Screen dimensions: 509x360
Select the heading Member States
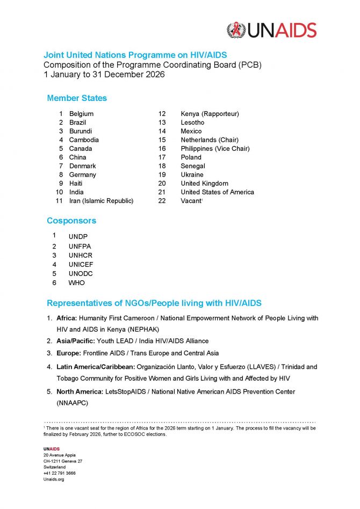pos(77,98)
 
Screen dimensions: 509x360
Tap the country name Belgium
pos(81,114)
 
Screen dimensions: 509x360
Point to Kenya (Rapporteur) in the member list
pos(210,114)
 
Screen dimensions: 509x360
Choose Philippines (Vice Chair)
pos(215,149)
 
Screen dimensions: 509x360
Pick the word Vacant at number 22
pos(191,201)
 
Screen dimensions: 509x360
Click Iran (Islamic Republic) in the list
pos(101,201)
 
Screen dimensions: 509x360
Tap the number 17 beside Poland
pos(162,157)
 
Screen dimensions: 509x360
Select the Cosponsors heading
pos(71,221)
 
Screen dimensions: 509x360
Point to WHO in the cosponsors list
pos(76,283)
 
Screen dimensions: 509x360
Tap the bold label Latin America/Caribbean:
pos(95,367)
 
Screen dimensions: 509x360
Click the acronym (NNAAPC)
pos(73,402)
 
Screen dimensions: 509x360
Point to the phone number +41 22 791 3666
pos(59,473)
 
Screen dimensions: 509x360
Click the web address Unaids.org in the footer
pos(54,479)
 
